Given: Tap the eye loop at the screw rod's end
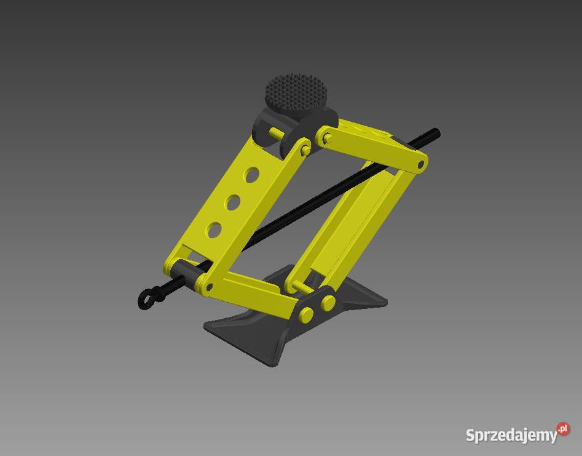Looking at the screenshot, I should pyautogui.click(x=146, y=300).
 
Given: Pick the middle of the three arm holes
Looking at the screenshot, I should pyautogui.click(x=232, y=202).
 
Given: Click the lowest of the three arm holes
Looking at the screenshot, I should pyautogui.click(x=213, y=230).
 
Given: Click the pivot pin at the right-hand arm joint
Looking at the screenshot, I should pyautogui.click(x=420, y=164).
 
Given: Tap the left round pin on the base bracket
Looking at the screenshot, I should pyautogui.click(x=305, y=314).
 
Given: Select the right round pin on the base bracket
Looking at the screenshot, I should pyautogui.click(x=328, y=302).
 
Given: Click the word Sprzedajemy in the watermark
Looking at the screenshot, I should pyautogui.click(x=511, y=436).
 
